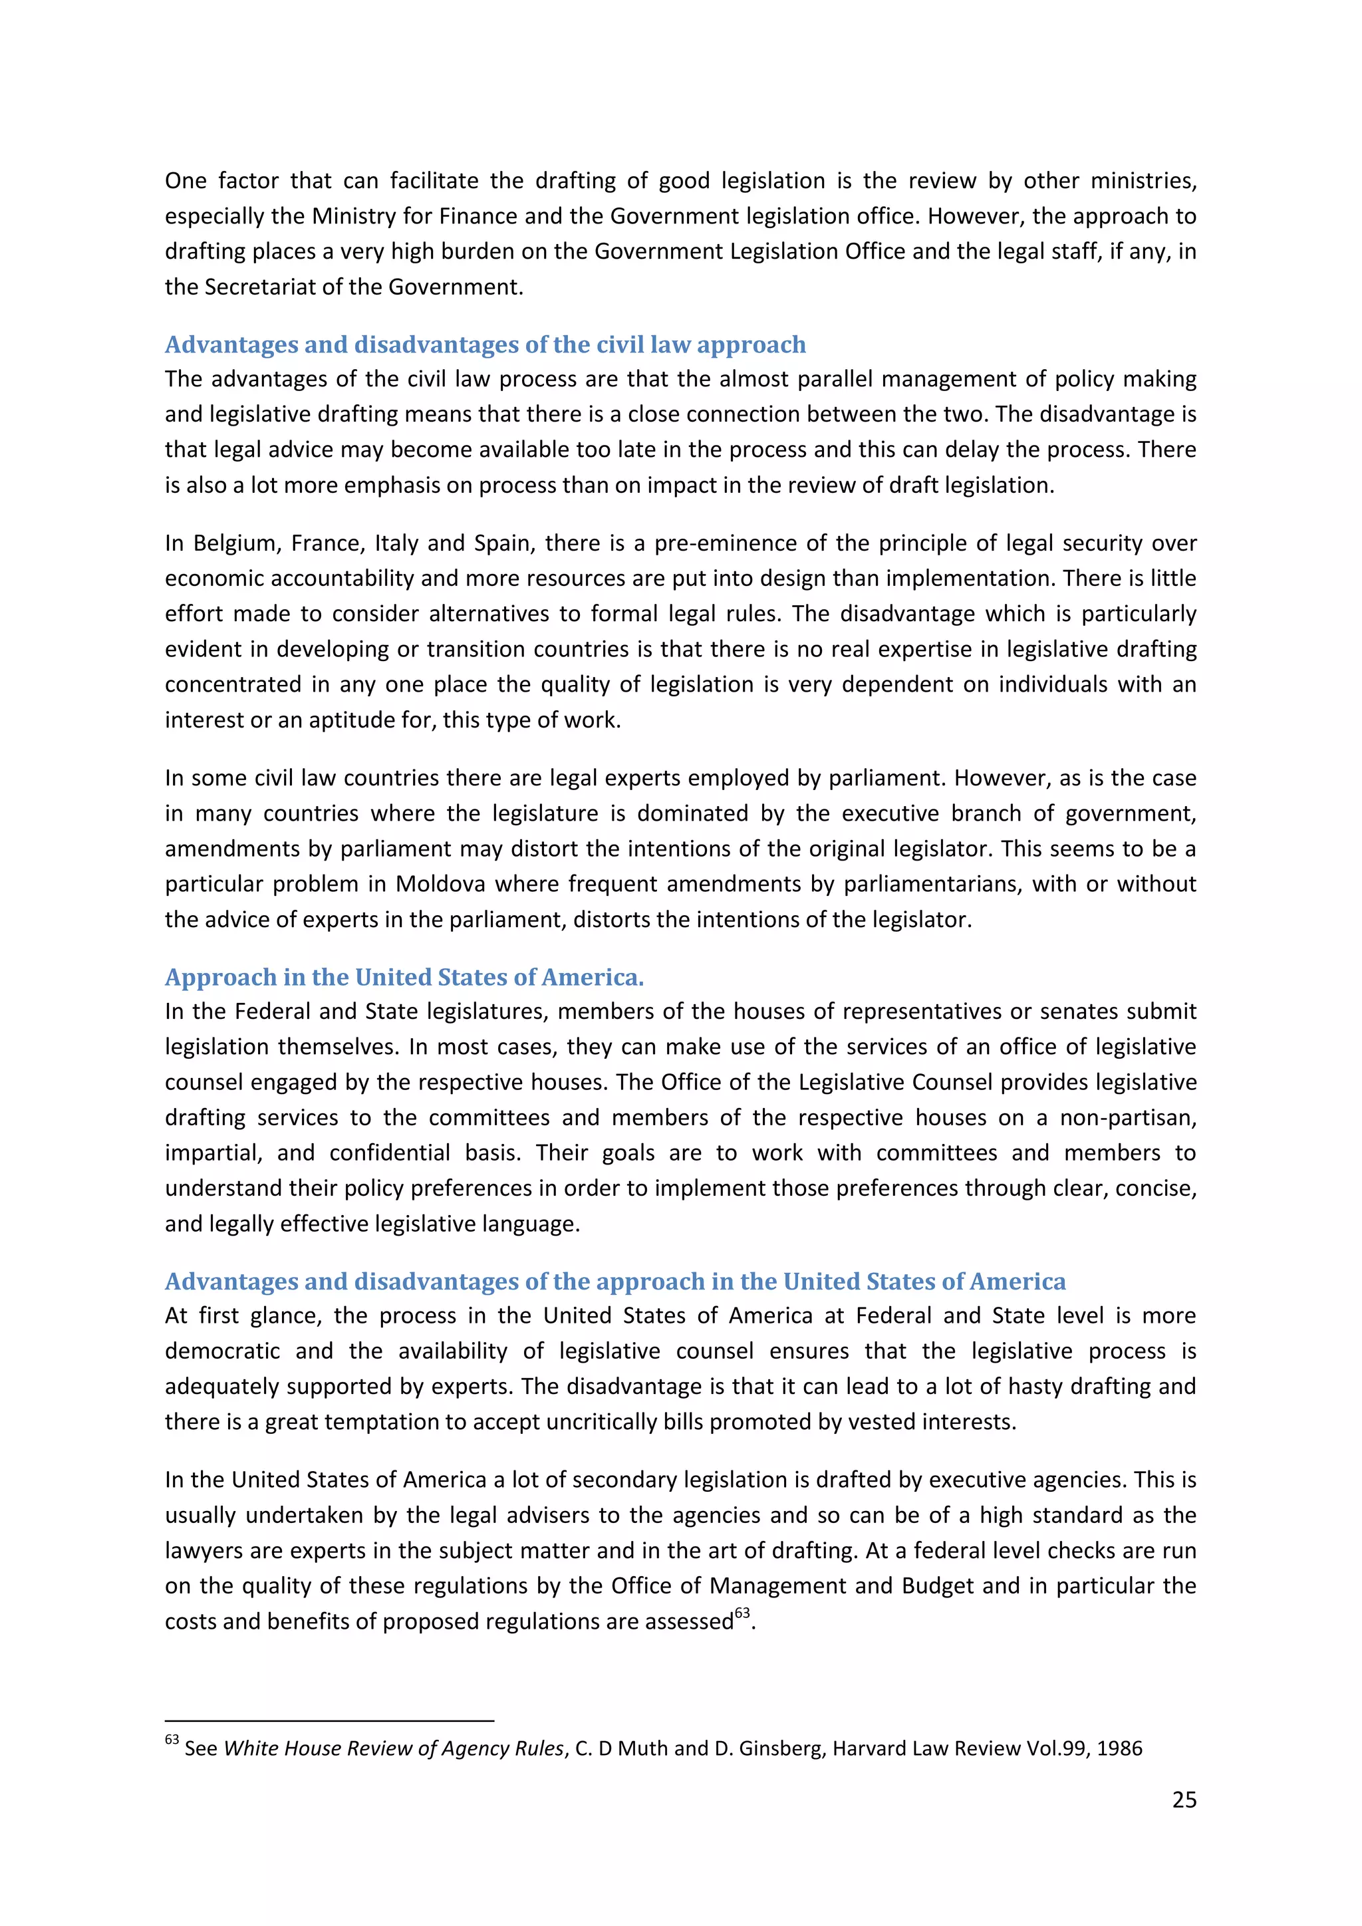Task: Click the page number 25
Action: pos(1183,1800)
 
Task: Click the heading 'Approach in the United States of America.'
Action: pos(404,977)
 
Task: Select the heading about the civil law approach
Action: pos(485,344)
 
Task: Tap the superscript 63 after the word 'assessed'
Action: pos(742,1613)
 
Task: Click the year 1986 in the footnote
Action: pos(1120,1749)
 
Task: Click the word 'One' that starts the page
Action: pos(186,181)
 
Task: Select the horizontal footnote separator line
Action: pos(329,1720)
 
